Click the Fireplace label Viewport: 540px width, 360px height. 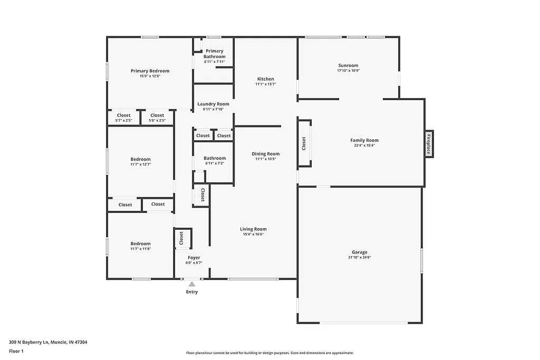point(429,144)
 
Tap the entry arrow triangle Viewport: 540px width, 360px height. point(192,284)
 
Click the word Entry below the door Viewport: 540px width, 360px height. point(192,292)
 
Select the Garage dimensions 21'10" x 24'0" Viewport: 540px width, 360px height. point(360,258)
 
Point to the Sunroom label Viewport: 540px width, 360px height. point(348,65)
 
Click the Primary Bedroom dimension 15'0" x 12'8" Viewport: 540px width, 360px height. point(150,76)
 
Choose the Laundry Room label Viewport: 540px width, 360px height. point(214,104)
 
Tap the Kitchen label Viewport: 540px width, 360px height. point(266,79)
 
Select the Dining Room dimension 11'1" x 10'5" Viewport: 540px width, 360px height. point(266,159)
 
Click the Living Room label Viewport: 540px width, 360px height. point(253,229)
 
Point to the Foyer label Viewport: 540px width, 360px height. point(194,257)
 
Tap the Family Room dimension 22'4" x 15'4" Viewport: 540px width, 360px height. point(364,145)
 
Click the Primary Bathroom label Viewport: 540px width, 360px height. point(215,54)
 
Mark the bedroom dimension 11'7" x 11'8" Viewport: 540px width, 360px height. point(141,249)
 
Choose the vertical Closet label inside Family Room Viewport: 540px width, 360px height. point(304,143)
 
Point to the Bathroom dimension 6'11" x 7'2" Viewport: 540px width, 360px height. point(215,163)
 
